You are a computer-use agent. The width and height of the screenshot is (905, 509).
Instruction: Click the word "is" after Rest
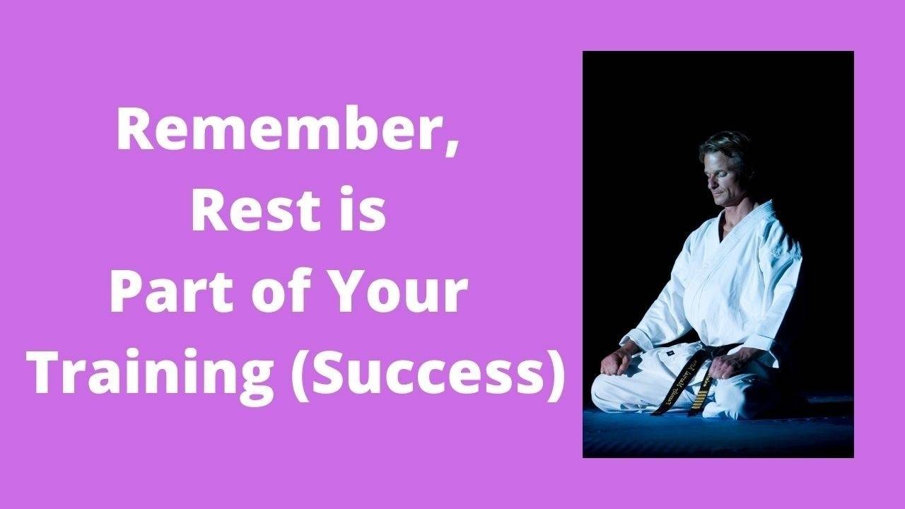click(365, 213)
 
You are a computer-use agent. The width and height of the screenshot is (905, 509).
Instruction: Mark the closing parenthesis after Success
click(554, 375)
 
